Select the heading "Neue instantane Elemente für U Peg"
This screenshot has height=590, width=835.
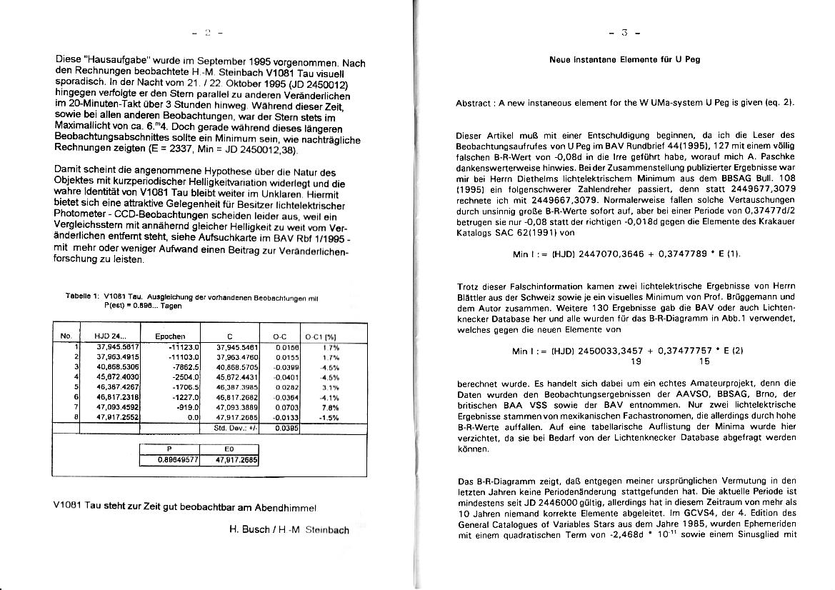point(624,60)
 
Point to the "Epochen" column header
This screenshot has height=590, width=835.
point(170,335)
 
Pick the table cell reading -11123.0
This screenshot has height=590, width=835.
point(172,346)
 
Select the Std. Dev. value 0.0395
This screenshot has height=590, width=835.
point(286,428)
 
